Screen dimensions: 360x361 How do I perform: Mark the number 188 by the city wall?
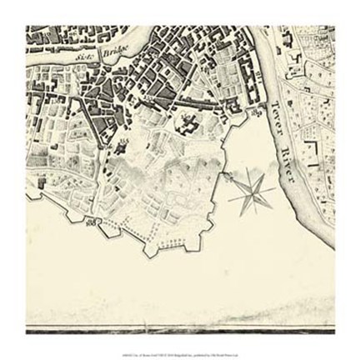(92, 220)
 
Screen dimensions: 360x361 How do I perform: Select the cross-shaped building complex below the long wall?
(188, 125)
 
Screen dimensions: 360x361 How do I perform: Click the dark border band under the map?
(179, 331)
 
